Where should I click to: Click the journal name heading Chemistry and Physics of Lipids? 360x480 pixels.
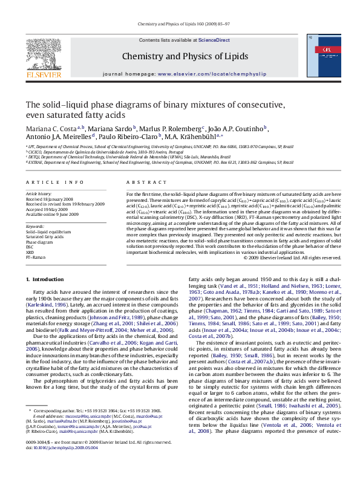coord(185,56)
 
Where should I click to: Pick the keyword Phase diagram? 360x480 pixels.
coord(41,241)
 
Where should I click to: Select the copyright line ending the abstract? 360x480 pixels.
coord(292,257)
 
